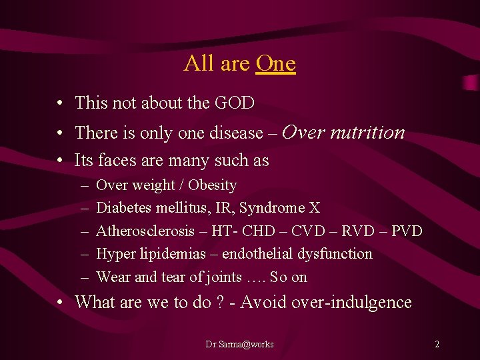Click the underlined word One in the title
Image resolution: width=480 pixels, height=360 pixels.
click(x=275, y=63)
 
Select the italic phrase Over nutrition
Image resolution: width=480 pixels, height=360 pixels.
click(x=343, y=132)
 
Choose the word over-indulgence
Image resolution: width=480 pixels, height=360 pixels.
click(x=358, y=302)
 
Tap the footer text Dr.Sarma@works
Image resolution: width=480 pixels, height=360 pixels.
click(x=239, y=344)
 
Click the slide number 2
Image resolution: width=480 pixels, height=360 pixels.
click(x=437, y=344)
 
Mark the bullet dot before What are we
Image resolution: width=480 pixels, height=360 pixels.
click(x=60, y=303)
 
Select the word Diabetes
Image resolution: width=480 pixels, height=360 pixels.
click(x=124, y=208)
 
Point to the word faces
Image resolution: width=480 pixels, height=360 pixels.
click(x=111, y=161)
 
